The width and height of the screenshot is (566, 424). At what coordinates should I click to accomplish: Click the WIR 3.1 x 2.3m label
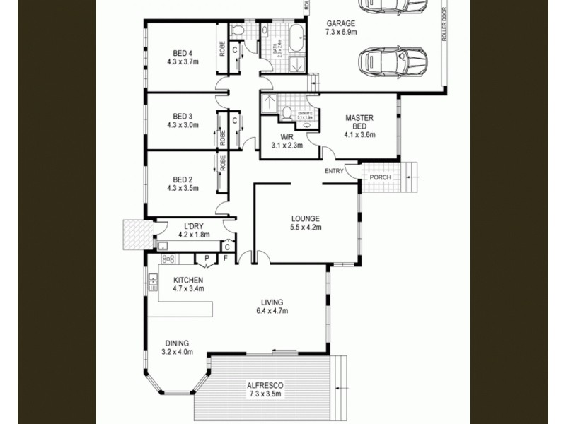287,141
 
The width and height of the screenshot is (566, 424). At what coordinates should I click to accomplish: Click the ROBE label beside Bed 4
222,49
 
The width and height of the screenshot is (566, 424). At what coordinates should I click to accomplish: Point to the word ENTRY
335,172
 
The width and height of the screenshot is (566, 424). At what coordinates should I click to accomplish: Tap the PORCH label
381,177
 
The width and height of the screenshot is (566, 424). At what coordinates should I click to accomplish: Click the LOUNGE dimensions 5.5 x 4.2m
306,228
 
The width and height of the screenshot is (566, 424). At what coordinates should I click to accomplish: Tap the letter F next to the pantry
225,259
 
